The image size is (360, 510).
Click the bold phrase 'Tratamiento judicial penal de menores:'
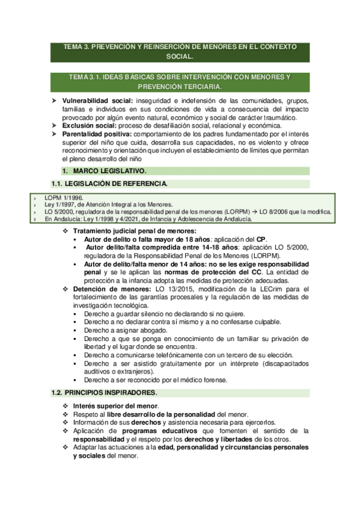tap(134, 231)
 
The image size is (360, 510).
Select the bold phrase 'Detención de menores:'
tap(108, 289)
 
